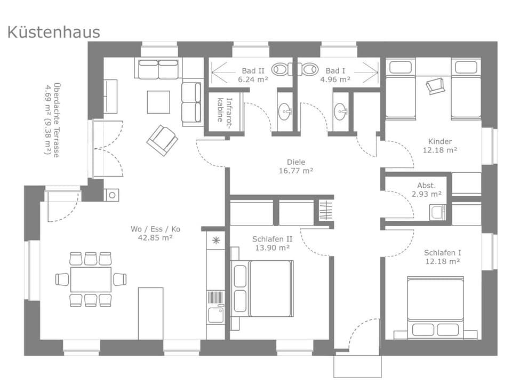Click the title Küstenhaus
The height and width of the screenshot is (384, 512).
pos(53,32)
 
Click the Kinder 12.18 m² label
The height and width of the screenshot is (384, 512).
pos(439,146)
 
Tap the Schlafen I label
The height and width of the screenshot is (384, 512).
pos(442,257)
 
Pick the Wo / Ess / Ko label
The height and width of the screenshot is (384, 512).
pos(155,233)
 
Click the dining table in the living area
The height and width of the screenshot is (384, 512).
pos(91,279)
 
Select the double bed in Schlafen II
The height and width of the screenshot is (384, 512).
pos(262,288)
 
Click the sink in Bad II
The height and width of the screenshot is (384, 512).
pos(286,111)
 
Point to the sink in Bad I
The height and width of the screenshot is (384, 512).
pos(341,111)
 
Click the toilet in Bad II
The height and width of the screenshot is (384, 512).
pos(281,69)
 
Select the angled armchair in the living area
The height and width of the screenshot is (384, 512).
pos(162,140)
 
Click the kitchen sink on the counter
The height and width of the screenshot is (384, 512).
pos(215,315)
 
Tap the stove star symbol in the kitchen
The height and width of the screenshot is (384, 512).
pos(215,240)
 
